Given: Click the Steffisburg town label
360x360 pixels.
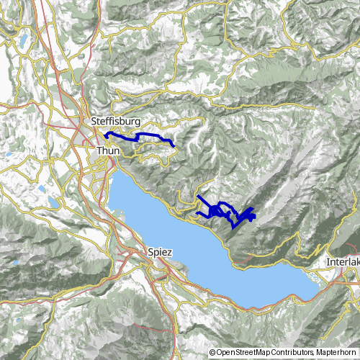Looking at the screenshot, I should click(116, 122).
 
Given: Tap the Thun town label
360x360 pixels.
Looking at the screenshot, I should click(107, 150).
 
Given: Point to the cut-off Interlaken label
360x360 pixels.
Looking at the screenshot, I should click(343, 261).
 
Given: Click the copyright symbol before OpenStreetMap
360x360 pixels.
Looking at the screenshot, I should click(212, 353).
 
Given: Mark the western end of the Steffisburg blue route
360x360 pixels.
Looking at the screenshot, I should click(106, 134).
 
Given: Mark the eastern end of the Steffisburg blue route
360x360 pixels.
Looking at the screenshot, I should click(174, 145).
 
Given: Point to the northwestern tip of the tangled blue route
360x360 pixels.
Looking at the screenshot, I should click(197, 196).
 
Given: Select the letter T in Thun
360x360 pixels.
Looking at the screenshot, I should click(99, 150).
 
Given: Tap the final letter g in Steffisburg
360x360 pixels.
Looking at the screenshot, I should click(137, 123).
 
